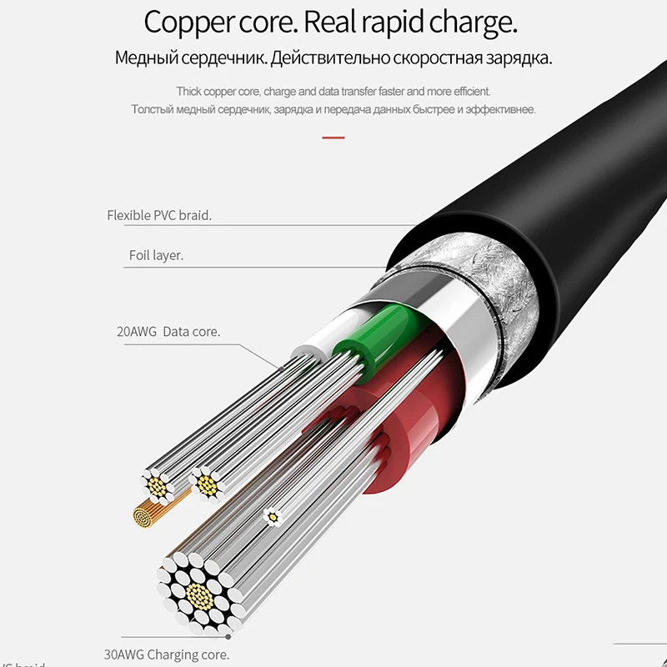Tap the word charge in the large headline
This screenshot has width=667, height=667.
[472, 23]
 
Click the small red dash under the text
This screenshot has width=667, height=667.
[333, 137]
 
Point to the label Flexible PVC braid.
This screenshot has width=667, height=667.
[159, 215]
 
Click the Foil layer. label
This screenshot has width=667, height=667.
[156, 256]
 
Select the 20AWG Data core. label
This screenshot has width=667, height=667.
[168, 332]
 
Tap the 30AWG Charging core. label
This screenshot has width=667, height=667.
[174, 655]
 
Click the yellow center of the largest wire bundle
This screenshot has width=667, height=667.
[198, 594]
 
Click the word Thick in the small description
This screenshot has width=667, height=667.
[192, 91]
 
